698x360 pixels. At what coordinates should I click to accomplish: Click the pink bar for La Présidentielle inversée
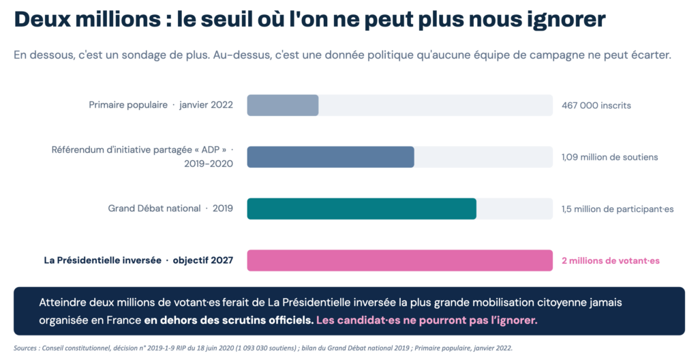click(x=399, y=260)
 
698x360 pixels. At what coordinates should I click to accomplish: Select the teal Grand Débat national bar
click(x=361, y=209)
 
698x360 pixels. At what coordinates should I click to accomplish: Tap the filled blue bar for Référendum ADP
click(x=331, y=157)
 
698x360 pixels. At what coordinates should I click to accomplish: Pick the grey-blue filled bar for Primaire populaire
click(x=283, y=106)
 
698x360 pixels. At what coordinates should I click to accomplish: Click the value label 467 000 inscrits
click(x=596, y=106)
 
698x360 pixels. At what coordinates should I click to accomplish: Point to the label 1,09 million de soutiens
click(x=609, y=157)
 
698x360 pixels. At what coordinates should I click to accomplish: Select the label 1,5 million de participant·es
click(x=618, y=209)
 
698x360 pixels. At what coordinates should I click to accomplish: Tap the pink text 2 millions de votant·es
click(x=610, y=260)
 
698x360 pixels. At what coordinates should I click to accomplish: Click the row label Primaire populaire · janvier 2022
click(x=161, y=105)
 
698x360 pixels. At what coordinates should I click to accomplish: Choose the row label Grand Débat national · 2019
click(x=170, y=209)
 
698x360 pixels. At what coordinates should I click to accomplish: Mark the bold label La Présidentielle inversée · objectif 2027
click(x=138, y=260)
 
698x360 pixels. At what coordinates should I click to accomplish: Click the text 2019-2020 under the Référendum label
click(x=209, y=164)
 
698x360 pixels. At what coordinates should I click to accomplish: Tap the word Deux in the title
click(x=40, y=19)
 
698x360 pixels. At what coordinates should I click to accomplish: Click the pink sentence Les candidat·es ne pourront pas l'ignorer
click(x=427, y=320)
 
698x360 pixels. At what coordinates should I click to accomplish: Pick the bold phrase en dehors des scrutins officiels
click(x=229, y=320)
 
